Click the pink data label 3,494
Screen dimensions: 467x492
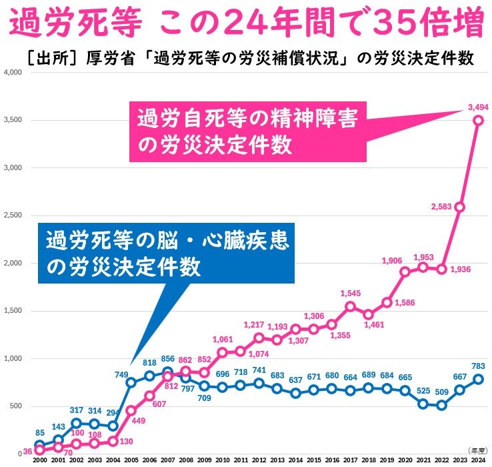tap(478, 106)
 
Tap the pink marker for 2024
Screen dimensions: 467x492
tap(478, 120)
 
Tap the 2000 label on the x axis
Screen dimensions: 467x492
tap(39, 460)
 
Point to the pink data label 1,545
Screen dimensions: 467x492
tap(350, 293)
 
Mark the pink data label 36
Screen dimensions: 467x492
tap(27, 452)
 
